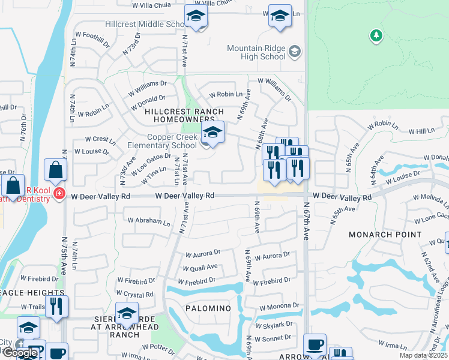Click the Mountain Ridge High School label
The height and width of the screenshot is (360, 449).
pos(256,52)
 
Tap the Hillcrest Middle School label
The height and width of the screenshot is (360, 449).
pos(144,24)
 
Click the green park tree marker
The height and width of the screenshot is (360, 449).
pos(376,35)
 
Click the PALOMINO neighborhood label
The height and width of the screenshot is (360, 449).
pos(207,308)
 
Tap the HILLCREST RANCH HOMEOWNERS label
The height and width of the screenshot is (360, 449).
pos(185,116)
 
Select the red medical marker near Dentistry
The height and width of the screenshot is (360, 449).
pos(59,193)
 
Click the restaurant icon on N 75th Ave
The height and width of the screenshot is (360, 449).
pos(57,306)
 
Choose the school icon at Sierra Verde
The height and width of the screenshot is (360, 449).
pos(127,313)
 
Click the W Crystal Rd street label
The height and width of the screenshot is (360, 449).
pos(136,295)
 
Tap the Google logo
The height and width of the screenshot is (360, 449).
pos(20,353)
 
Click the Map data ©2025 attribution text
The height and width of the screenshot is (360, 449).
pos(423,355)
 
